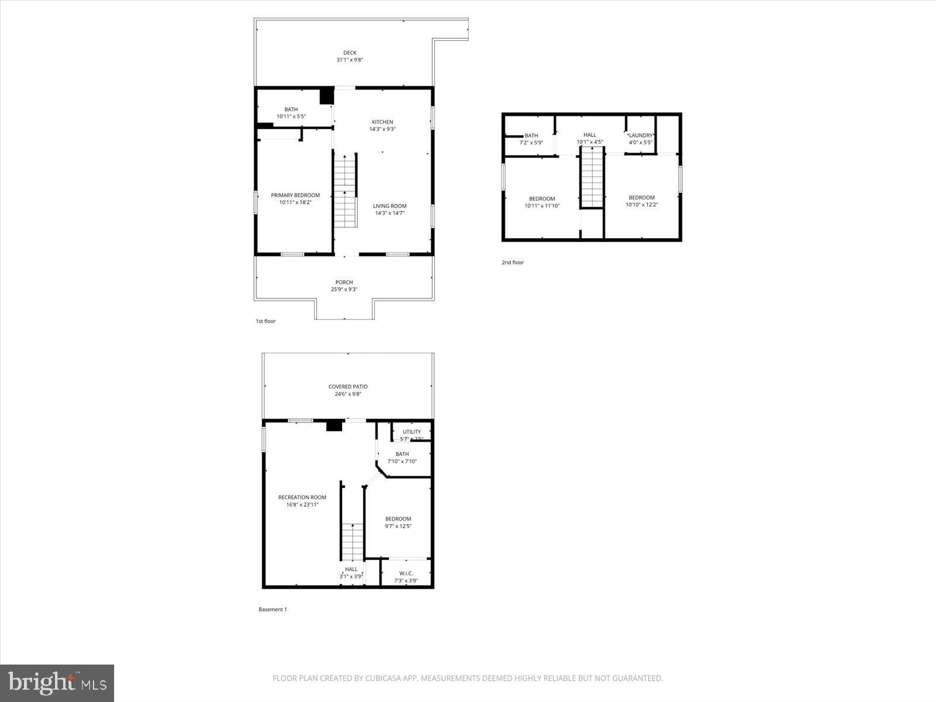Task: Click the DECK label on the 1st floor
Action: click(x=350, y=53)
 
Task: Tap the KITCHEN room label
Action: click(x=383, y=122)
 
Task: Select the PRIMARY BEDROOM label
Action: click(x=295, y=195)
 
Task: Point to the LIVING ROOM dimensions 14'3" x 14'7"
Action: click(x=390, y=214)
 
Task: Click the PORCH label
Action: click(x=344, y=283)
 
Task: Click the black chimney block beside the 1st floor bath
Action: click(x=326, y=95)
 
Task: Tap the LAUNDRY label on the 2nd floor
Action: click(x=641, y=136)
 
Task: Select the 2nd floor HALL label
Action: click(x=590, y=135)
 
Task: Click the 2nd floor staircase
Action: click(x=592, y=177)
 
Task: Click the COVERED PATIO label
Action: click(x=348, y=387)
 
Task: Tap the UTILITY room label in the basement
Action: click(x=412, y=432)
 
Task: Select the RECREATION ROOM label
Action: click(x=302, y=498)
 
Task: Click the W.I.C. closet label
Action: click(x=406, y=573)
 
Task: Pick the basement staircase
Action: click(x=353, y=542)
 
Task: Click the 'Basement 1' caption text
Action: click(x=273, y=610)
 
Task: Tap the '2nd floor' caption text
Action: click(x=512, y=263)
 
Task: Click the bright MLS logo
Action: click(x=57, y=683)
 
